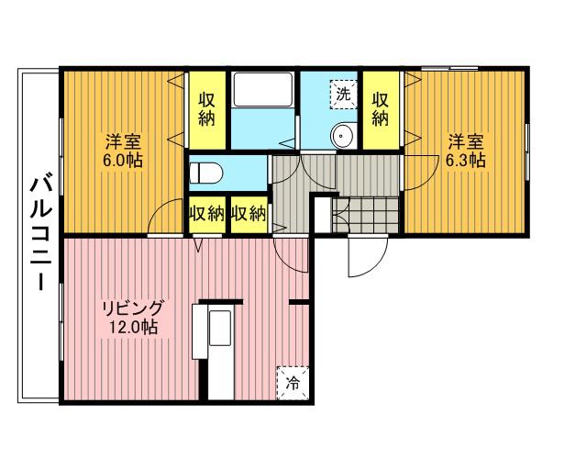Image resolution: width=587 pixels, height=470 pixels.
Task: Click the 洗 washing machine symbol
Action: pos(343,95)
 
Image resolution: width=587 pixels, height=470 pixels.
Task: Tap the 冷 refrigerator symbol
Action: pos(293,383)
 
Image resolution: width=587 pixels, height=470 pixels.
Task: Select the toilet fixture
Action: pos(205,173)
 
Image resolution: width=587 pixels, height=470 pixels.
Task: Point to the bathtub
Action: pos(263,90)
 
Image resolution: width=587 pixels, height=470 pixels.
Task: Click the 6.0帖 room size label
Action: pos(123,161)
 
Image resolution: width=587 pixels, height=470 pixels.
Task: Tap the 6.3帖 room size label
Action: pos(466,161)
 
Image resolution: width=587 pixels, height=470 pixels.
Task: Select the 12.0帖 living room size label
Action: pos(133,327)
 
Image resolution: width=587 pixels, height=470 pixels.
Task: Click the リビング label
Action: pos(133,308)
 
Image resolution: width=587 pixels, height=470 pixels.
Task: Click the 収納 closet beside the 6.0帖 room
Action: pos(206,109)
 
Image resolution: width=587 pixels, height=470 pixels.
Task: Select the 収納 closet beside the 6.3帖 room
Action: pos(381,109)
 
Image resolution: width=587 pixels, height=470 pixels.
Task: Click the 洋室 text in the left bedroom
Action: pos(123,142)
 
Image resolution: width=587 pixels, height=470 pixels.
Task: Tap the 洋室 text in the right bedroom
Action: pos(466,142)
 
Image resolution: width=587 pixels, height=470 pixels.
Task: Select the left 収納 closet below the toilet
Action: pos(206,215)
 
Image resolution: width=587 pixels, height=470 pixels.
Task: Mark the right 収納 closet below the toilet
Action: pos(249,215)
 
